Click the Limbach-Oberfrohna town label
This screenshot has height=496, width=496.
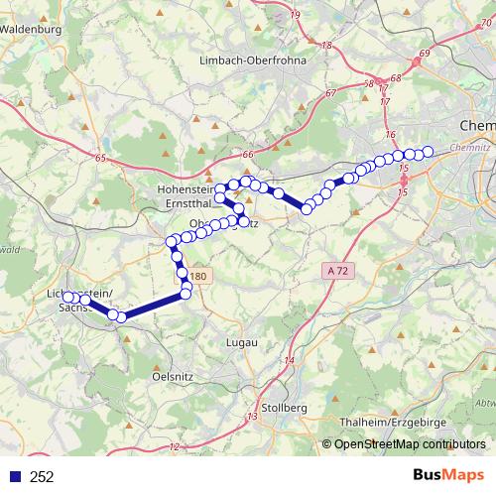254,61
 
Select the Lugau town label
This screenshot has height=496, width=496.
242,341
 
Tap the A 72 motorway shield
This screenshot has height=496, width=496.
338,270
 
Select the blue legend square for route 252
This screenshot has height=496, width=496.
13,476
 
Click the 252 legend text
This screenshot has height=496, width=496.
42,476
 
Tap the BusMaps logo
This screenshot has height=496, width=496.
448,476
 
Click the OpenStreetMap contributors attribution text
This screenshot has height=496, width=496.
410,444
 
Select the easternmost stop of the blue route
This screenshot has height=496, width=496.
429,152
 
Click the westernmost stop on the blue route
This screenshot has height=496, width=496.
66,296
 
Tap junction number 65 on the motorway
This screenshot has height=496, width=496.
100,157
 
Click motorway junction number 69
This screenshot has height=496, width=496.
425,52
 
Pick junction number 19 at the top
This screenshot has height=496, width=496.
296,15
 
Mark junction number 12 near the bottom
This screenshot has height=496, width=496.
175,447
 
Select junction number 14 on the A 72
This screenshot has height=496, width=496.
290,359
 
